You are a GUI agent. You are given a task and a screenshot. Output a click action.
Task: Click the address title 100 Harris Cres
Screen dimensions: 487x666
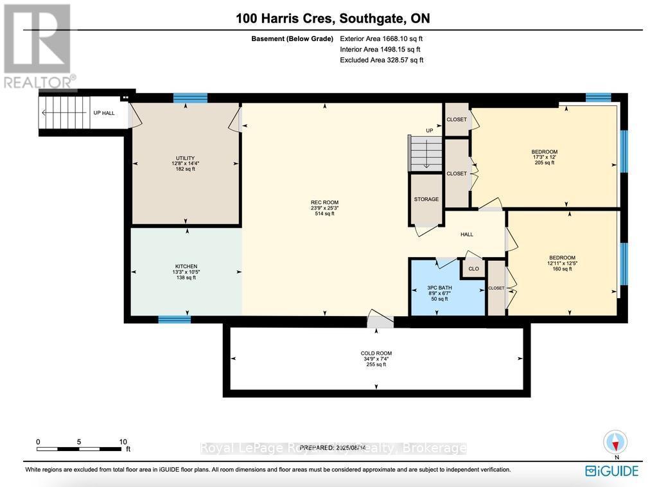333,19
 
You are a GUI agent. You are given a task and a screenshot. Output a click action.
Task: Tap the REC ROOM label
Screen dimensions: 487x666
324,202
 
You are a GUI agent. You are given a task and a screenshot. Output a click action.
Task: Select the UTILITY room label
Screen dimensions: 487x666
185,158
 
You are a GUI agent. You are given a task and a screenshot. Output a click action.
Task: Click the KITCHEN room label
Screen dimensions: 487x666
186,267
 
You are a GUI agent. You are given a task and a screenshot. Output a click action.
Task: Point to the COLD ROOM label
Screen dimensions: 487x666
376,353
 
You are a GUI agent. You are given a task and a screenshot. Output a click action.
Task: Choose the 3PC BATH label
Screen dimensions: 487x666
440,287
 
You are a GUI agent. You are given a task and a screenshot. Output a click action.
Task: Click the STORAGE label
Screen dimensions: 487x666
426,199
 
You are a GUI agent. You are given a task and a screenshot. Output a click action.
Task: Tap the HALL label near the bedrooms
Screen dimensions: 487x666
467,235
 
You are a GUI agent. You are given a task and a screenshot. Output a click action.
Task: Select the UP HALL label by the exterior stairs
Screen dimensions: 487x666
104,113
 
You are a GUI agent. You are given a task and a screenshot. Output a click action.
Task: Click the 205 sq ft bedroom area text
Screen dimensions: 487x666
544,163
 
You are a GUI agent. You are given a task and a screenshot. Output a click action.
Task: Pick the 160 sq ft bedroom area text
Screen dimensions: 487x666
562,269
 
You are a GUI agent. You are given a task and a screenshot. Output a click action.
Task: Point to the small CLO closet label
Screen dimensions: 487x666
473,269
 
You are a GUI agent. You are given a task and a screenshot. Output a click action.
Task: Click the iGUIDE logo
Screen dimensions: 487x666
611,471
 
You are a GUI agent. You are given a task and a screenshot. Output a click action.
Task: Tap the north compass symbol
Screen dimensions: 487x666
616,443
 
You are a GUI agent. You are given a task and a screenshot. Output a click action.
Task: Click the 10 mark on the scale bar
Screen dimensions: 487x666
123,442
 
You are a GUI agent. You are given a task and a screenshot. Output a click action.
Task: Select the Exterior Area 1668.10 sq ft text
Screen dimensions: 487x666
381,39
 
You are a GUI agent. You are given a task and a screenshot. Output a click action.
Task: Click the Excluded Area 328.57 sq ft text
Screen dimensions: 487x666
381,60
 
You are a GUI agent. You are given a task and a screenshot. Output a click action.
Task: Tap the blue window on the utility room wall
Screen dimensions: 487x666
190,98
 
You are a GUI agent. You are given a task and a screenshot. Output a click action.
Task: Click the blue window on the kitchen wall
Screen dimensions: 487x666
174,319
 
